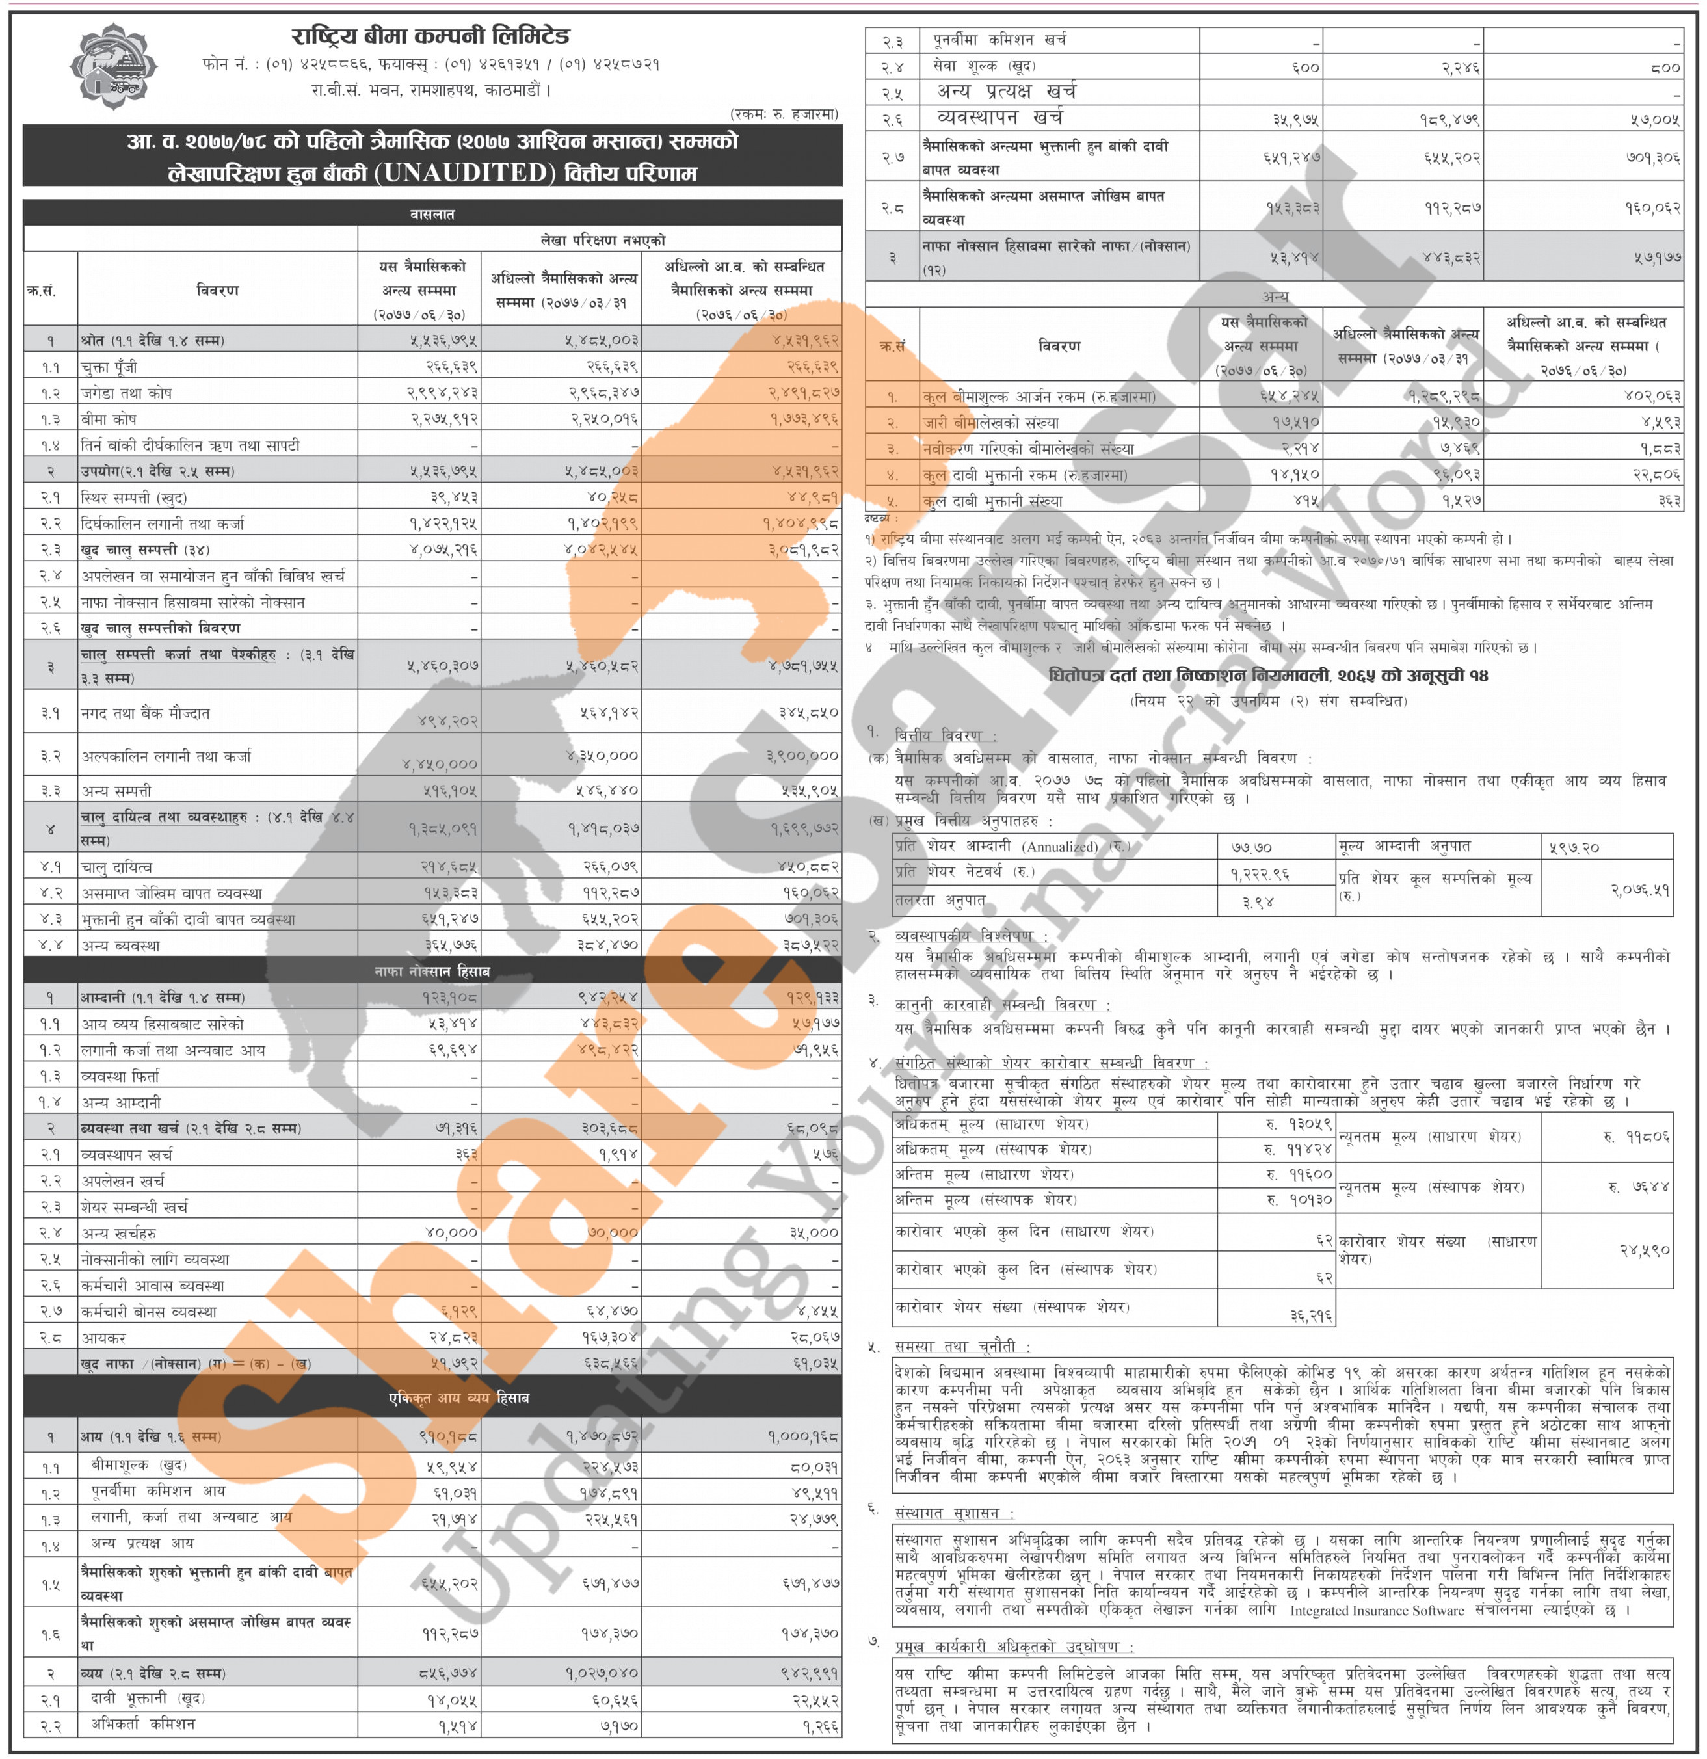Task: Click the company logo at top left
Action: tap(112, 66)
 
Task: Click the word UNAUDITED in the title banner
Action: tap(466, 172)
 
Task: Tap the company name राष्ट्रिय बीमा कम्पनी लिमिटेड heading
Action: tap(430, 36)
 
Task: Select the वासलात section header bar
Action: tap(432, 213)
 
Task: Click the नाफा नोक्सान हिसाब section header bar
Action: tap(432, 971)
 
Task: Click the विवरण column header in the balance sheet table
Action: tap(217, 290)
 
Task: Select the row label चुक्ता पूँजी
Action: tap(109, 367)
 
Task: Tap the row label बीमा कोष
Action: tap(109, 419)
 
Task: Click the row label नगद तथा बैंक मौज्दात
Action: tap(146, 713)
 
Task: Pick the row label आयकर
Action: tap(103, 1337)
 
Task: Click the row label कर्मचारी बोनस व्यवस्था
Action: tap(148, 1311)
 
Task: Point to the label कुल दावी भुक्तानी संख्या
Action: tap(992, 501)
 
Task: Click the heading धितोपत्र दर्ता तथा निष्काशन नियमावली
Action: tap(1267, 675)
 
